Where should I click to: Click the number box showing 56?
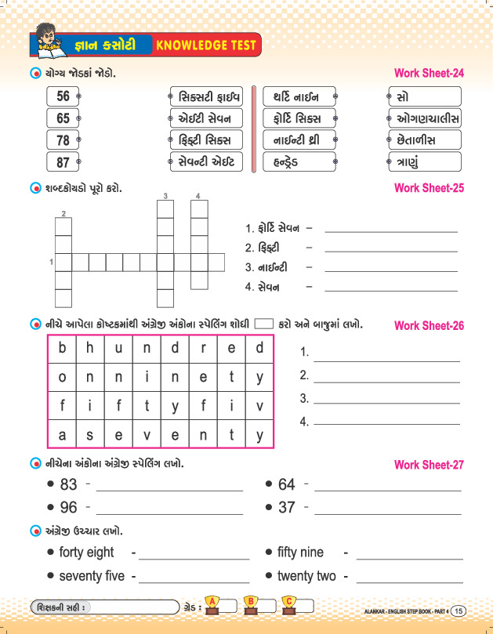pos(63,96)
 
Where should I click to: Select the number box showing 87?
pos(63,163)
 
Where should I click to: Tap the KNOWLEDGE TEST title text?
pos(206,45)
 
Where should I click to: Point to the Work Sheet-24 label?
pos(430,74)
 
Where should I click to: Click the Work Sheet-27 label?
pos(430,465)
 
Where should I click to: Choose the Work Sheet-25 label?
pos(430,188)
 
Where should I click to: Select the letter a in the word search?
pos(62,434)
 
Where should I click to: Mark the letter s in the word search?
pos(90,434)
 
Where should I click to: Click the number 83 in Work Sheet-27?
pos(69,485)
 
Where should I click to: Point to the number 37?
pos(287,508)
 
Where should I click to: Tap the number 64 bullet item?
pos(287,485)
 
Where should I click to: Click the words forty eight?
pos(86,552)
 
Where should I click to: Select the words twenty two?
pos(306,577)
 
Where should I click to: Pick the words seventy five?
pos(92,577)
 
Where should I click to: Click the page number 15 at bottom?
pos(460,610)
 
